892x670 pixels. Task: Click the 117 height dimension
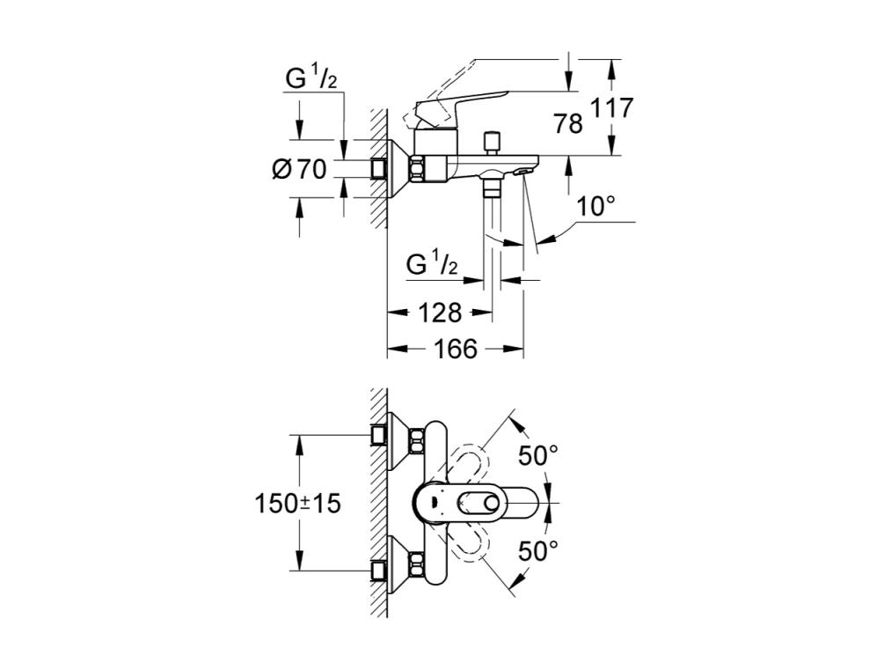tap(611, 107)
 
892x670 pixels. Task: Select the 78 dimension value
tap(567, 123)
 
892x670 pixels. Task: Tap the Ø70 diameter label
tap(299, 169)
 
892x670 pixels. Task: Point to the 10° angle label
tap(596, 207)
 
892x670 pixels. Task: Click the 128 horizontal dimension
tap(440, 313)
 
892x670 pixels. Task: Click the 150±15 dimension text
tap(297, 504)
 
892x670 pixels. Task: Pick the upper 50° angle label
tap(538, 455)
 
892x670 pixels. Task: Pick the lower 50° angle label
tap(538, 550)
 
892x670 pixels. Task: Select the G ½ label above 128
tap(432, 264)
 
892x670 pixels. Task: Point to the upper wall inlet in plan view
tap(378, 437)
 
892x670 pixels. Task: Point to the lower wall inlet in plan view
tap(378, 571)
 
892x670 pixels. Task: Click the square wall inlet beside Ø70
tap(378, 169)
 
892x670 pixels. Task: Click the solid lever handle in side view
tap(461, 106)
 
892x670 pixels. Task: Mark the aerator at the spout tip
tap(522, 171)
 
